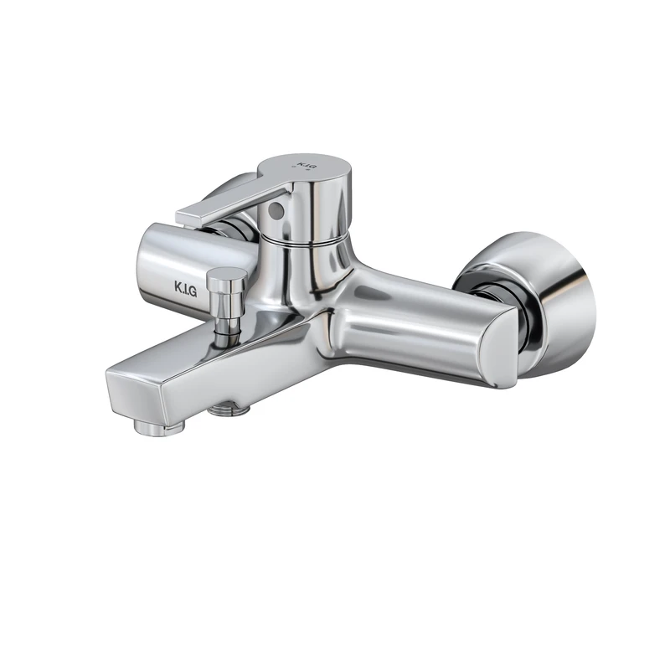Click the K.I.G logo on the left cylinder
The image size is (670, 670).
pos(185,291)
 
